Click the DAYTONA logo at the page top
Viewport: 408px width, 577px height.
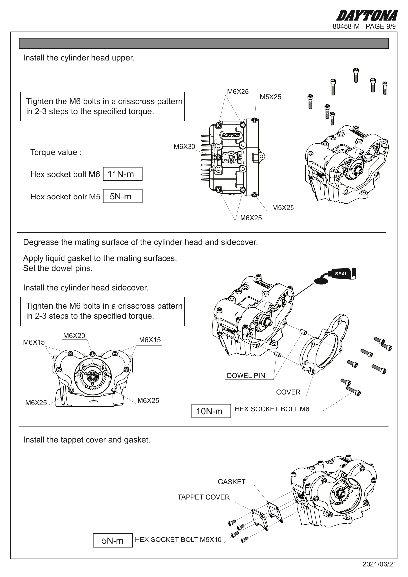point(367,15)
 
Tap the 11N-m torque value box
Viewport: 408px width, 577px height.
point(122,174)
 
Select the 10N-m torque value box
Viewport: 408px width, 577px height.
point(211,411)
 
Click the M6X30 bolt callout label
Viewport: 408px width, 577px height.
point(184,147)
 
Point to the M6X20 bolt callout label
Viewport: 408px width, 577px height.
point(74,336)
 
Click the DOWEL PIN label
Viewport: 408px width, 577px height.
point(246,376)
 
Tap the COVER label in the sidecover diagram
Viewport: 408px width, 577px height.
point(288,392)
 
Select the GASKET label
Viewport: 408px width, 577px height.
point(232,482)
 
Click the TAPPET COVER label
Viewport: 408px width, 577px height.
point(203,497)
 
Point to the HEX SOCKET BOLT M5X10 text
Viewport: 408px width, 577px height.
point(178,539)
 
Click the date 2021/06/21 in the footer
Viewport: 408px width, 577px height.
point(379,564)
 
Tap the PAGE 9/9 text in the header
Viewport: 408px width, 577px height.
point(380,26)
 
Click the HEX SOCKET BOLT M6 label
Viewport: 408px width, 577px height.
point(272,409)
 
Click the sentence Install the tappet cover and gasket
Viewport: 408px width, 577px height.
point(87,440)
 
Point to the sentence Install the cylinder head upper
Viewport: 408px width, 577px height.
point(79,58)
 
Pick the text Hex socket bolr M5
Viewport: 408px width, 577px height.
point(65,197)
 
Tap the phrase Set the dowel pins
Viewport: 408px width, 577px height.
point(58,268)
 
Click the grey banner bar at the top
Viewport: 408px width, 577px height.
point(204,43)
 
